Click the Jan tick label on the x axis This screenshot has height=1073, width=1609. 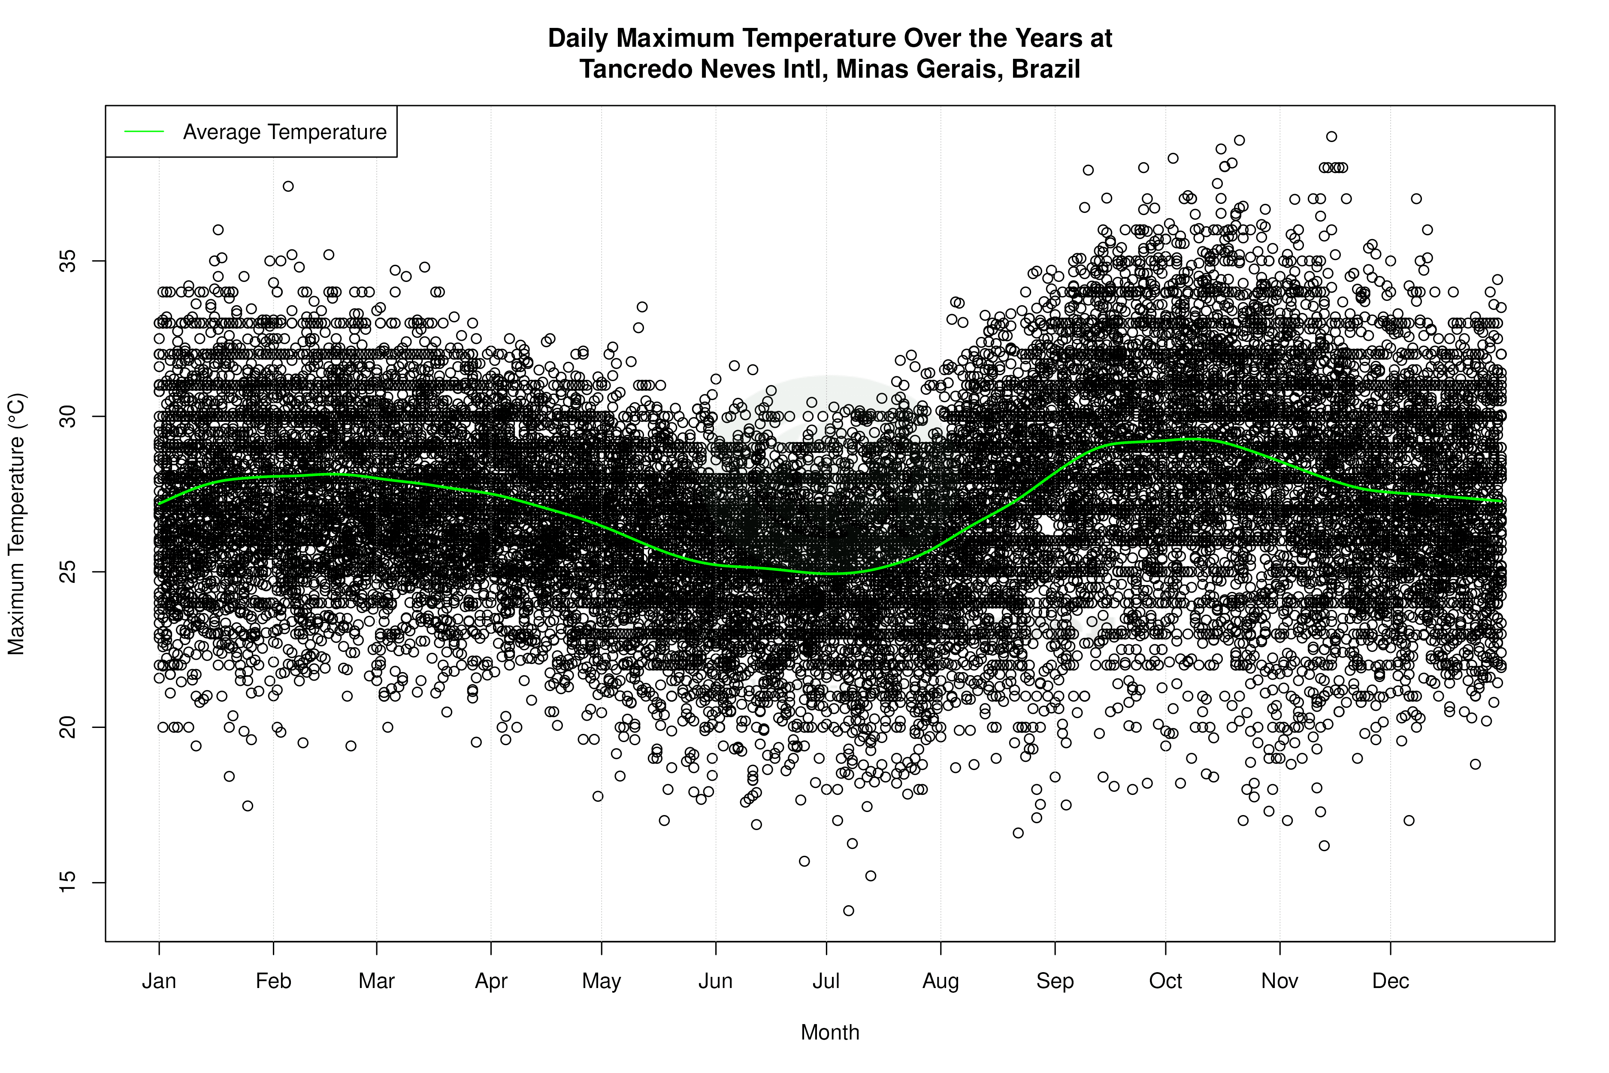[x=159, y=981]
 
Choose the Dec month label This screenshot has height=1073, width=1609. [x=1390, y=981]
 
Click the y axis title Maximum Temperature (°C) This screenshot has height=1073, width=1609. [x=16, y=524]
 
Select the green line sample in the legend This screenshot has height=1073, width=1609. [x=144, y=131]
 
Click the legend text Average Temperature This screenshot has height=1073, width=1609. [x=284, y=131]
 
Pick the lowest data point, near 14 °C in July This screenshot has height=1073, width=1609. [x=848, y=910]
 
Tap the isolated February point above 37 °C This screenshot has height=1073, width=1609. [x=288, y=186]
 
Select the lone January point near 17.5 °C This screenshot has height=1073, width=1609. [x=248, y=806]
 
